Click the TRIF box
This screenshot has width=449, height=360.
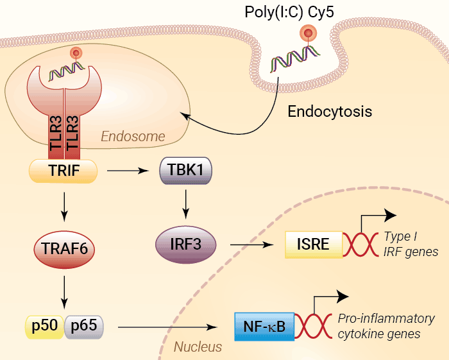tap(63, 170)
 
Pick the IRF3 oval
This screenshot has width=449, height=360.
tap(186, 244)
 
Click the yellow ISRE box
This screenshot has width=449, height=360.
tap(314, 244)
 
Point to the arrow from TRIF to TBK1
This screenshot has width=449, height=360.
tap(126, 171)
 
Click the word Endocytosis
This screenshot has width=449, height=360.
tap(330, 111)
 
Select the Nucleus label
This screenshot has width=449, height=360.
tap(198, 347)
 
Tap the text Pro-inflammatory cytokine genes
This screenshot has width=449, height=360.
tap(386, 326)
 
